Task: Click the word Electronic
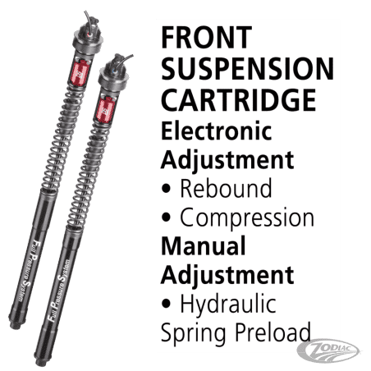click(x=215, y=128)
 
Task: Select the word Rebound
click(x=226, y=189)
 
